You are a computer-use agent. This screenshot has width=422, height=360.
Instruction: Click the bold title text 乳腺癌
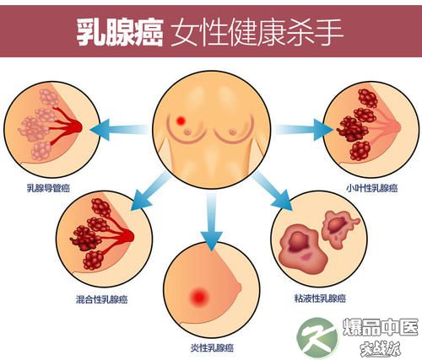120,32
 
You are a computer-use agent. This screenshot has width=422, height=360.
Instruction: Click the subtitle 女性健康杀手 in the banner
257,32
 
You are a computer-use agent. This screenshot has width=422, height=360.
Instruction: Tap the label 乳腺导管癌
48,188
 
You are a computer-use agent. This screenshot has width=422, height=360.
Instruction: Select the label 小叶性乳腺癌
371,188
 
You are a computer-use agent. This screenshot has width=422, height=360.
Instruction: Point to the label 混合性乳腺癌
101,299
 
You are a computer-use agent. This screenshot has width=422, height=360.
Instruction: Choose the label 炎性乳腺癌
212,348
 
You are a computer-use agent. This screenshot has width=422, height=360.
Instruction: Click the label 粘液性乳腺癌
320,298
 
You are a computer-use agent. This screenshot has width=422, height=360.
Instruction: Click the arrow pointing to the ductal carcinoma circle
120,130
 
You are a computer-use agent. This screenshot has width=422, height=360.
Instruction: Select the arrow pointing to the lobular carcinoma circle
304,130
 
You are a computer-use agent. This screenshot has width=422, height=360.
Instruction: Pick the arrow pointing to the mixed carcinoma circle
151,191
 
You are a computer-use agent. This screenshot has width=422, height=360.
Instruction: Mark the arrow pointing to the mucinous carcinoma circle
273,191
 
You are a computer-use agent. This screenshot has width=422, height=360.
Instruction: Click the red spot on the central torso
181,121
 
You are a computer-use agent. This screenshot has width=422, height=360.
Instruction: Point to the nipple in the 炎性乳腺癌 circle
238,287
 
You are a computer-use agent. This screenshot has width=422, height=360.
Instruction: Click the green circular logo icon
318,338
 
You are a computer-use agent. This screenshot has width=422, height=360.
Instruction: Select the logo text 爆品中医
381,327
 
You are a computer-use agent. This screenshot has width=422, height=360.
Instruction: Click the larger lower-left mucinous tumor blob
300,250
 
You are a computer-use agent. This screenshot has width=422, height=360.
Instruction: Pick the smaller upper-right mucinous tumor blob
338,229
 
